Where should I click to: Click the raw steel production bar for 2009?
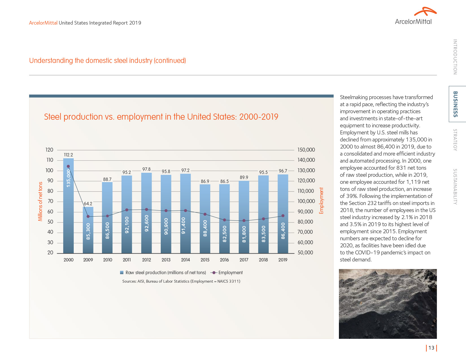88,230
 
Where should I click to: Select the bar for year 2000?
68,206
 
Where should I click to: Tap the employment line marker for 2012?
146,210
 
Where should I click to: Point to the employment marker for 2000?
68,166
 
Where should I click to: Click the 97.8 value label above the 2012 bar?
146,169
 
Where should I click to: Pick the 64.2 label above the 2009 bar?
88,204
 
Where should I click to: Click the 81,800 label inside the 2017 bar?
244,234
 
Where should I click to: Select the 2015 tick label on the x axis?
205,260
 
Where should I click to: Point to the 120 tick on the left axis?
49,150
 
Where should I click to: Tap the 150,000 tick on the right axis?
306,150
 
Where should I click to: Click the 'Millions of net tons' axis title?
40,201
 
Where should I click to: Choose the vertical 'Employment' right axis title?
321,201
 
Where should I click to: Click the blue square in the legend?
122,272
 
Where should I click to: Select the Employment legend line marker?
214,272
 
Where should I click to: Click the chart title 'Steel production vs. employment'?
161,117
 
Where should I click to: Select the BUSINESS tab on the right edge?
455,104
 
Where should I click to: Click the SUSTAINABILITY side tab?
455,187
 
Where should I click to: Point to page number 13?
431,348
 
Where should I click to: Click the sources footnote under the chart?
181,281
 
